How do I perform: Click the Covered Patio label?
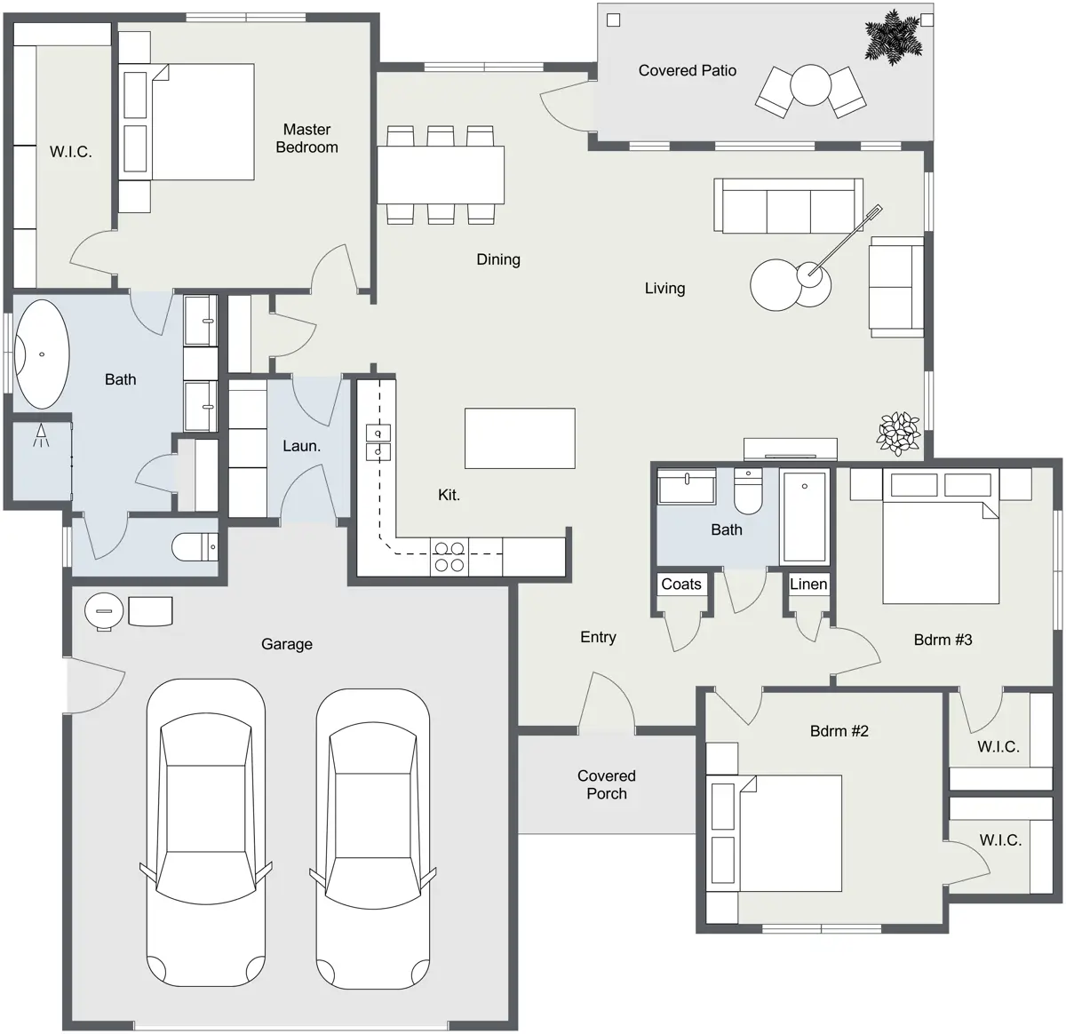pyautogui.click(x=687, y=71)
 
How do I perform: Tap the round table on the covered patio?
pyautogui.click(x=811, y=85)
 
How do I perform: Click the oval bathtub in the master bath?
pyautogui.click(x=42, y=354)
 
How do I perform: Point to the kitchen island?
pyautogui.click(x=520, y=438)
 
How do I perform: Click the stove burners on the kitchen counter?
pyautogui.click(x=449, y=557)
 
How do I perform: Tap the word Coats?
pyautogui.click(x=680, y=584)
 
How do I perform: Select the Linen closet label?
pyautogui.click(x=808, y=584)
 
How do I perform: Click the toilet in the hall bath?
pyautogui.click(x=748, y=492)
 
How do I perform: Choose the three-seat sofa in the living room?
pyautogui.click(x=788, y=205)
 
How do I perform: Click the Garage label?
pyautogui.click(x=287, y=644)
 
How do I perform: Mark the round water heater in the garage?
pyautogui.click(x=104, y=611)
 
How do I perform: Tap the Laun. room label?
pyautogui.click(x=301, y=446)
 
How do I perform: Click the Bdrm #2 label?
pyautogui.click(x=839, y=731)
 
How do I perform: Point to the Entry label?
pyautogui.click(x=598, y=637)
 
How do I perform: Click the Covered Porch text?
pyautogui.click(x=607, y=784)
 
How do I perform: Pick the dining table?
pyautogui.click(x=441, y=175)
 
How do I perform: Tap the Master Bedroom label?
pyautogui.click(x=306, y=138)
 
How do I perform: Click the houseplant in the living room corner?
pyautogui.click(x=898, y=433)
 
